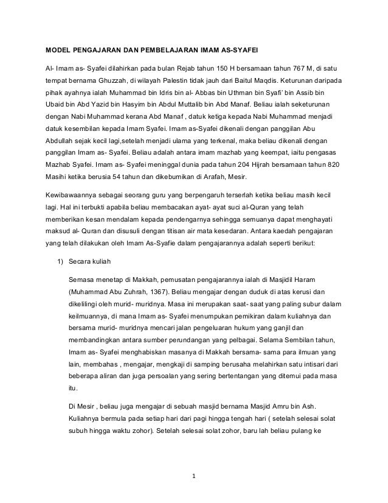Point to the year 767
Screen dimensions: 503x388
[x=300, y=66]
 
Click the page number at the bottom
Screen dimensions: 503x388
[x=193, y=476]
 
